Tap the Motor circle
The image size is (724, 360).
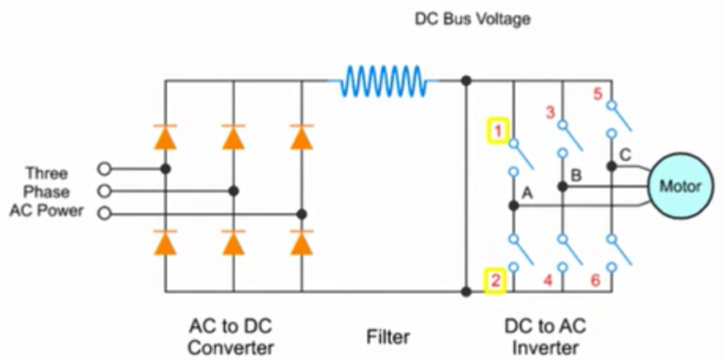[x=680, y=187]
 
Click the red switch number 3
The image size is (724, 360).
[x=551, y=113]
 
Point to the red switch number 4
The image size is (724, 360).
[x=547, y=280]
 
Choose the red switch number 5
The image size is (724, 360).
[x=597, y=94]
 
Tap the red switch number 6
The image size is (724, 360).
[x=595, y=280]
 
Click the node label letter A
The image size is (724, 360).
[x=527, y=192]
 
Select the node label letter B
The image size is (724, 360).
[x=577, y=174]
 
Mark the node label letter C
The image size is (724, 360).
[x=625, y=155]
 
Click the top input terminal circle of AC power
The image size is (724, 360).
[x=105, y=169]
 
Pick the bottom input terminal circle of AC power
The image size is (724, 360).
[x=105, y=214]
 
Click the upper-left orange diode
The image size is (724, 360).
[x=166, y=139]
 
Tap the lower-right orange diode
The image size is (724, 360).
[x=302, y=243]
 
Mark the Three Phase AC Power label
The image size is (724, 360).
[x=46, y=191]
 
